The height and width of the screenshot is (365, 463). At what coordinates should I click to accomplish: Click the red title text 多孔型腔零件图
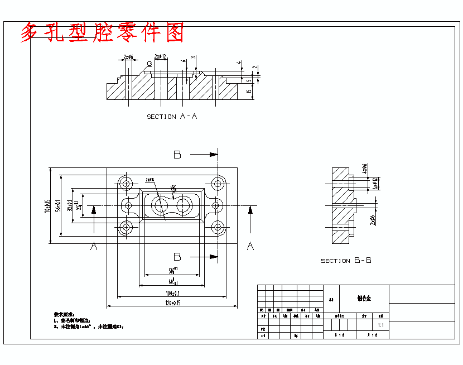coord(102,33)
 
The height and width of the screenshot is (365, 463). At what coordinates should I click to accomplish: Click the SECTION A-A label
coord(172,117)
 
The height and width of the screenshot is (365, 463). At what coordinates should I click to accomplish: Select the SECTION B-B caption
coord(346,261)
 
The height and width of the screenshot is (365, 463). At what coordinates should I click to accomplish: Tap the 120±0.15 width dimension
coord(171,303)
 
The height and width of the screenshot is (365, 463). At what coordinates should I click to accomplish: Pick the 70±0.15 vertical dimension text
coord(48,205)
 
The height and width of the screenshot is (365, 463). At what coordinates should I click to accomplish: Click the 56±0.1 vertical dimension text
coord(59,205)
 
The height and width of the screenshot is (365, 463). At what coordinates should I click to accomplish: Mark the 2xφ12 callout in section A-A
coord(161,56)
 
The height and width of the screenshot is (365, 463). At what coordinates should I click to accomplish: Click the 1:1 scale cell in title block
coord(380,325)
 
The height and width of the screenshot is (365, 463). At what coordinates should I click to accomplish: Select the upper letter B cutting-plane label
coord(177,155)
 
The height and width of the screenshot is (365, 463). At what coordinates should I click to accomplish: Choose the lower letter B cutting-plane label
coord(177,257)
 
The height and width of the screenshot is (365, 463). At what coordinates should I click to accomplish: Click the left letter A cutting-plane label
coord(94,246)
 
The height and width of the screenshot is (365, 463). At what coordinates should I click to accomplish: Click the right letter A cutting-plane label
coord(250,246)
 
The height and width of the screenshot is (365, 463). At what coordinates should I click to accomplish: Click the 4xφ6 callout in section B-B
coord(365,169)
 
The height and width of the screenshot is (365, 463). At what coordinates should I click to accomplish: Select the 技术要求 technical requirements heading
coord(64,314)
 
